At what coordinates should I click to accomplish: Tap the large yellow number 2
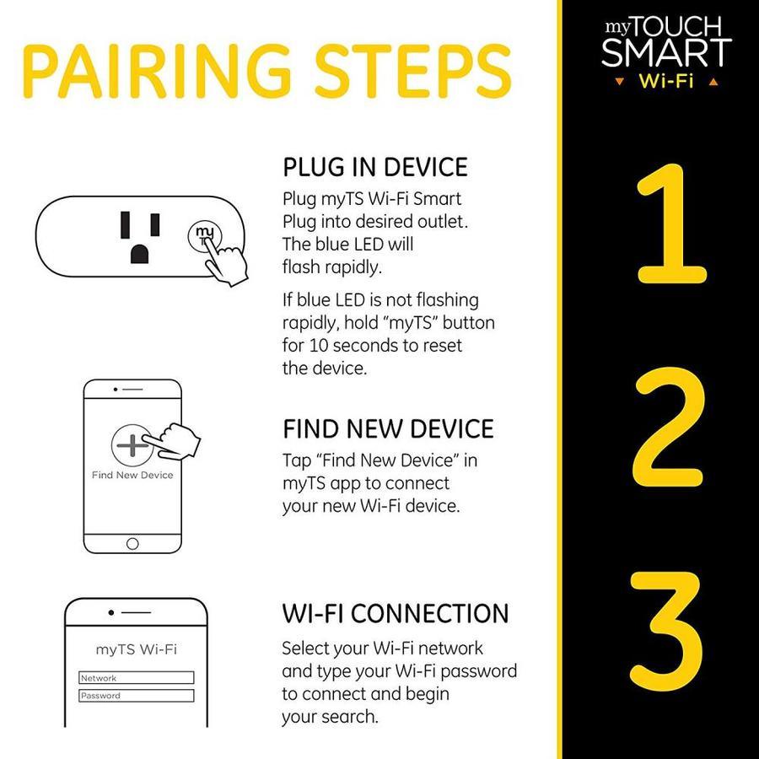pos(669,431)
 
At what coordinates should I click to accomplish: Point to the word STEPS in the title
pos(413,71)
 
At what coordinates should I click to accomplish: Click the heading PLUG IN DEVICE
pos(375,168)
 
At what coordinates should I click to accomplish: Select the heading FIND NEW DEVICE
pos(388,429)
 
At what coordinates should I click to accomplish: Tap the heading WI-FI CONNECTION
pos(396,613)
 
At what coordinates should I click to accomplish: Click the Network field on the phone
pos(136,678)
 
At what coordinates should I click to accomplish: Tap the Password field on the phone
pos(136,696)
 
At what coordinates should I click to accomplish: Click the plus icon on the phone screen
pos(132,444)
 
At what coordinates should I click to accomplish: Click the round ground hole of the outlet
pos(139,254)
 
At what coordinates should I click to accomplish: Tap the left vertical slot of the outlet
pos(126,225)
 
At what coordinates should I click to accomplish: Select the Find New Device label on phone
pos(132,476)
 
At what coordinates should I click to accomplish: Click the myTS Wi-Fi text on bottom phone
pos(137,649)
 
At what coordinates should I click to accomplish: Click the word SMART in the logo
pos(666,52)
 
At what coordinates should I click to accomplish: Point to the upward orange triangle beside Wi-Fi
pos(713,82)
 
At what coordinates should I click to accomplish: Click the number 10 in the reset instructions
pos(319,346)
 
